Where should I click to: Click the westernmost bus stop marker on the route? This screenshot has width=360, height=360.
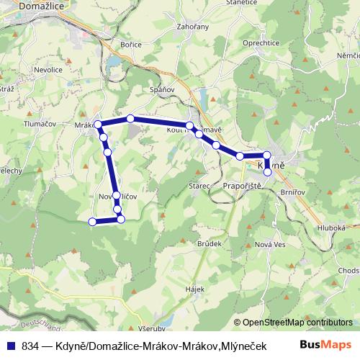92,222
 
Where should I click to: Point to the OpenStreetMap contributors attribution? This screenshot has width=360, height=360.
297,323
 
